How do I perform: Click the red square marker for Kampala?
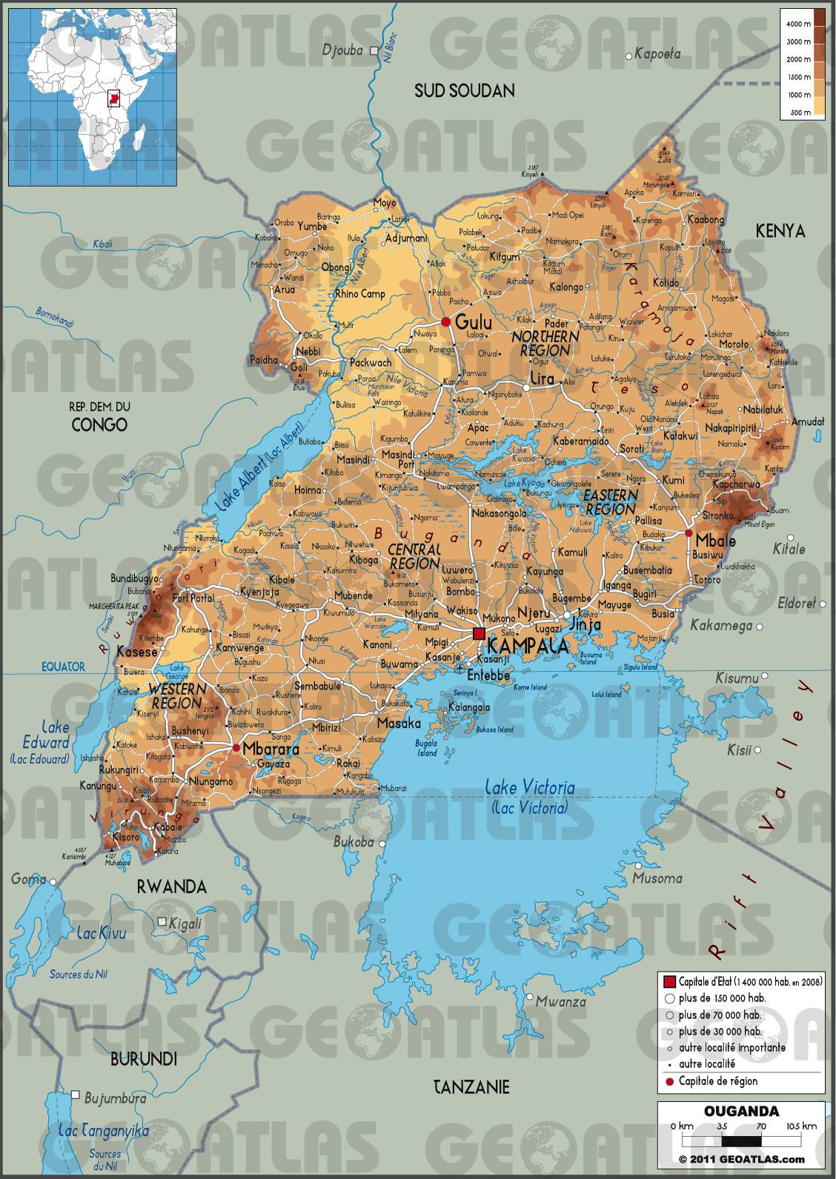(479, 633)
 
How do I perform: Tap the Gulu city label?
(473, 322)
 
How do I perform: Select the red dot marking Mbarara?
(236, 748)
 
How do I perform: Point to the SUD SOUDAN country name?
(464, 91)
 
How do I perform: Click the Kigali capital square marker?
(162, 921)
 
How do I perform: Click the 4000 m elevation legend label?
(797, 24)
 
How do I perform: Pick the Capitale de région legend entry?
(717, 1081)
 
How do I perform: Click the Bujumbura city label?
(115, 1098)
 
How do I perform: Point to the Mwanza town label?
(560, 1002)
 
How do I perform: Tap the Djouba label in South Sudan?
(342, 50)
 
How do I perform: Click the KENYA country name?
(780, 231)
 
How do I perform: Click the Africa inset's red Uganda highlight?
(113, 98)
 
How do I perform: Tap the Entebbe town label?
(488, 675)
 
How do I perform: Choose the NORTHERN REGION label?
(545, 343)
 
